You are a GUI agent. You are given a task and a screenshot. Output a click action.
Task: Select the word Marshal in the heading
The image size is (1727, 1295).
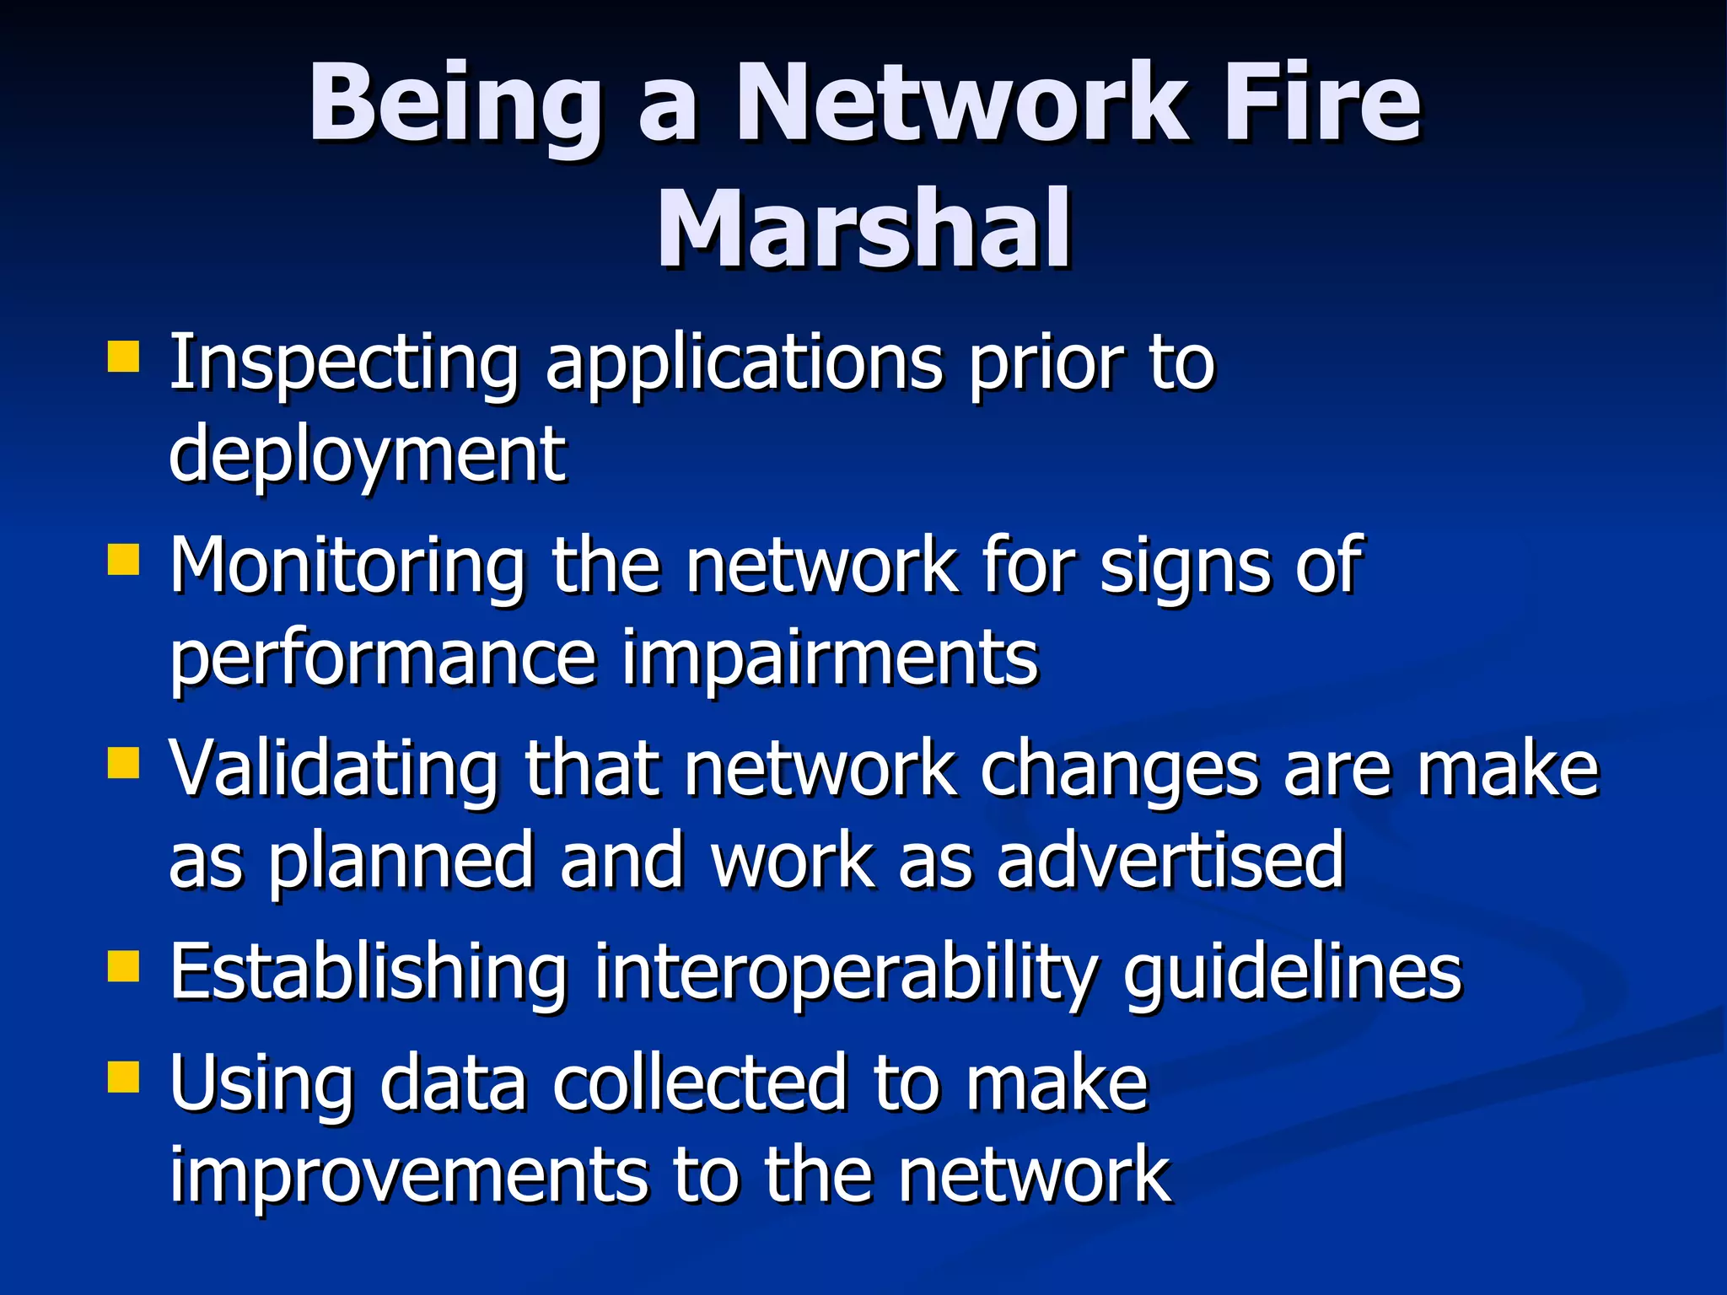point(863,229)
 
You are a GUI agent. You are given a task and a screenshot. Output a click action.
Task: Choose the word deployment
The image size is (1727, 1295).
point(368,455)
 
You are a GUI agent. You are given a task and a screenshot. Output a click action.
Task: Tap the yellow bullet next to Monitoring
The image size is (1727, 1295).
point(123,558)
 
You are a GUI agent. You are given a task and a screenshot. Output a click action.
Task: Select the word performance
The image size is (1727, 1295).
point(384,659)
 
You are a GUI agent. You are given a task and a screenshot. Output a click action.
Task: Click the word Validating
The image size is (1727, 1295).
point(334,769)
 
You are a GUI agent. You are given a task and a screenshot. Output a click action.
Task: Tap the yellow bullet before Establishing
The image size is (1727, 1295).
point(123,966)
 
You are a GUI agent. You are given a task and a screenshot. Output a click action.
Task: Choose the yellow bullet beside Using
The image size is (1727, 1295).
point(123,1076)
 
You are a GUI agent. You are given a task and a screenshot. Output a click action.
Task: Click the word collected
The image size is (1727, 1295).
point(699,1083)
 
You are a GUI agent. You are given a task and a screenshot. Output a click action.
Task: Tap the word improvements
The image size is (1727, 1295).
point(408,1175)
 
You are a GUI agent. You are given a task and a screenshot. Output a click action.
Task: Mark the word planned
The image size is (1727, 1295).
point(401,862)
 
